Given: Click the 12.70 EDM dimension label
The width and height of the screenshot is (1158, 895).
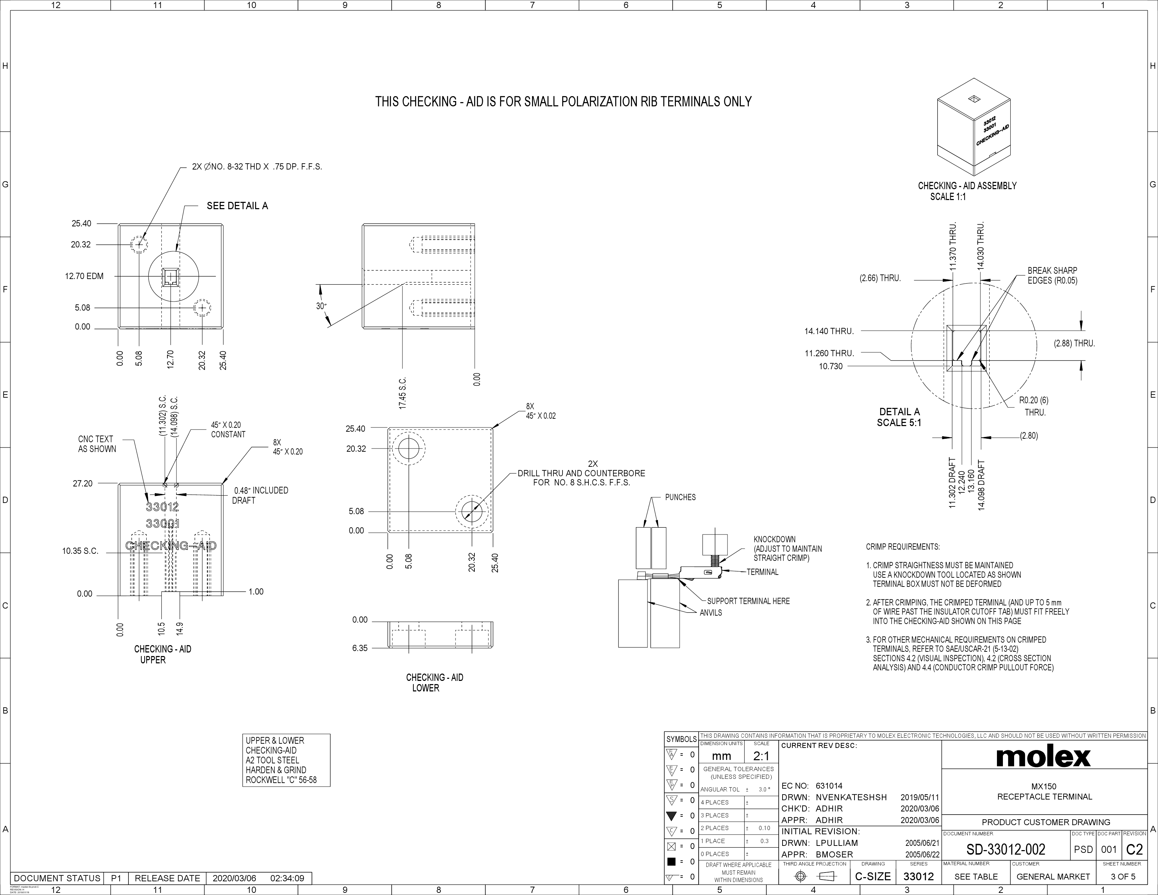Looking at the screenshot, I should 84,276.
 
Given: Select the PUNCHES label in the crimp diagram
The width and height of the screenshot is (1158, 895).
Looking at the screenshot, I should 680,497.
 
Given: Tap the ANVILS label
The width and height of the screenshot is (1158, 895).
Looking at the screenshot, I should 711,613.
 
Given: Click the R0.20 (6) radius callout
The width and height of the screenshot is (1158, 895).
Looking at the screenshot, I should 1033,401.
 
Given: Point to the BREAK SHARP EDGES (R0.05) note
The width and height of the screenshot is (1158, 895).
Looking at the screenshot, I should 1052,276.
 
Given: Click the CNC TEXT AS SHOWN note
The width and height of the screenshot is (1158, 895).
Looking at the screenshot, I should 96,444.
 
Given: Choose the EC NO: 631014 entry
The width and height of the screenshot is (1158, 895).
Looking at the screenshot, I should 812,786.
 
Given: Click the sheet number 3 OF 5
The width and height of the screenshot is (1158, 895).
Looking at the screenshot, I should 1123,876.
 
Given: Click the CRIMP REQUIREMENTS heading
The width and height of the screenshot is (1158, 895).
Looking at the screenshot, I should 903,546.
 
